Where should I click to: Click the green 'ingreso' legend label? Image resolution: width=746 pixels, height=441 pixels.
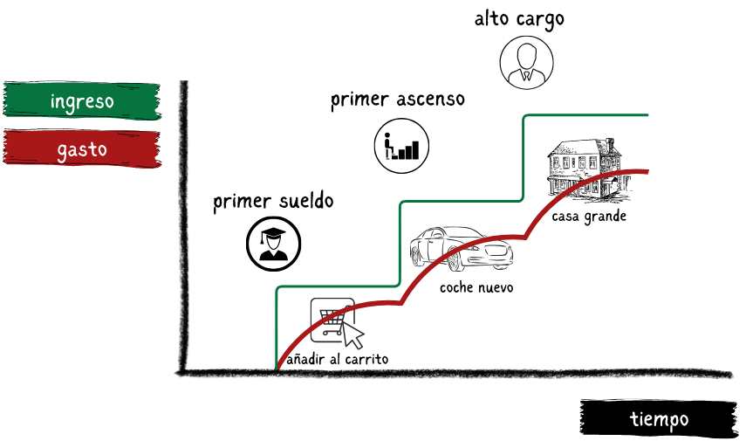[82, 101]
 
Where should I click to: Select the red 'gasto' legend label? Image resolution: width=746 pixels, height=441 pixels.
[82, 149]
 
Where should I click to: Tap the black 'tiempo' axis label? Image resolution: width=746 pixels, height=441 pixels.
[660, 419]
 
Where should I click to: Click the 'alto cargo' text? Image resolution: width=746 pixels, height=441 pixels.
[519, 18]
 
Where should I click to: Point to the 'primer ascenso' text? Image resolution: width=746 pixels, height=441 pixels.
[397, 100]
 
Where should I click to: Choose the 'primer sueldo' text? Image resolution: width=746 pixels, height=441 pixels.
[273, 202]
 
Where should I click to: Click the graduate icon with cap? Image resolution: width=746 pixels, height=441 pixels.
[274, 243]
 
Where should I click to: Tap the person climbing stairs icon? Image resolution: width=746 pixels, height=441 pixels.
[402, 144]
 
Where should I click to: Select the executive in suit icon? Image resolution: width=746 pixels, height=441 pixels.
[527, 62]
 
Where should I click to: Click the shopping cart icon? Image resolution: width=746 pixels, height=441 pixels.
[331, 320]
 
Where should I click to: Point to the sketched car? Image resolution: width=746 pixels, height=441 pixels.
[462, 249]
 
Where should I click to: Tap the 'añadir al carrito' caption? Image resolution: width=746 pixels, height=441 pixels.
[337, 359]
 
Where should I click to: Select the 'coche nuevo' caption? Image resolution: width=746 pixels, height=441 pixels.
[476, 287]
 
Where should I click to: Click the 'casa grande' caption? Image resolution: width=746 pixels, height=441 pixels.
[589, 217]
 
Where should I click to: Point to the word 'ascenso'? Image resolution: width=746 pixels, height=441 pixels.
[428, 100]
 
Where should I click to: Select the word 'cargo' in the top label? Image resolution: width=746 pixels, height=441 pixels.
[541, 19]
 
